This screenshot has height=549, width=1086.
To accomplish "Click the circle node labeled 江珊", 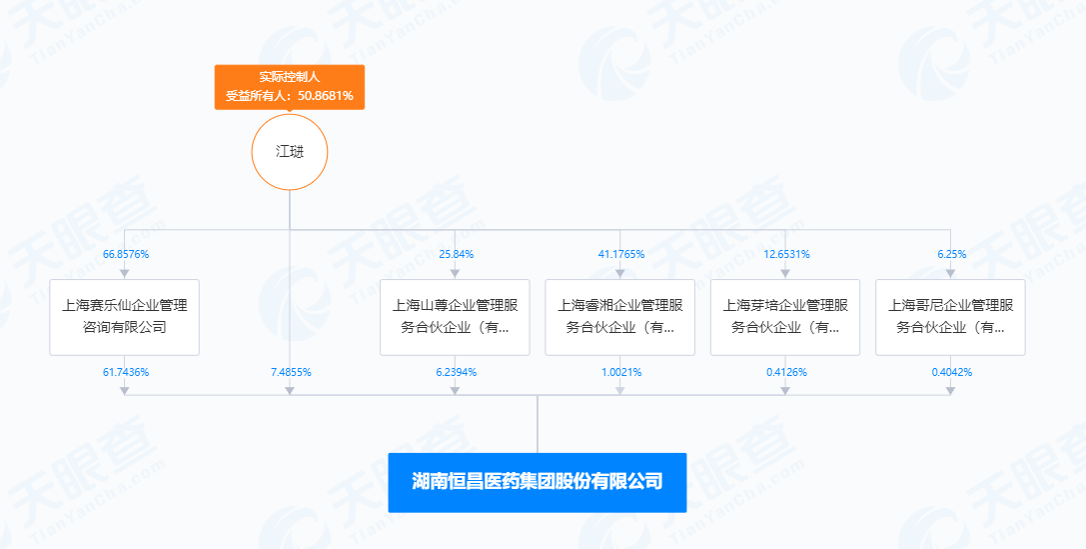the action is click(x=290, y=152).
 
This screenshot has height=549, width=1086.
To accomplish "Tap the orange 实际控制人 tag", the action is click(x=290, y=87).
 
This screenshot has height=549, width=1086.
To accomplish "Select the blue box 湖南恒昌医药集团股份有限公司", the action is click(x=538, y=482).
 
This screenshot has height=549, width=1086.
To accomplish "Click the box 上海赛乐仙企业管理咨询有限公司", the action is click(x=125, y=317).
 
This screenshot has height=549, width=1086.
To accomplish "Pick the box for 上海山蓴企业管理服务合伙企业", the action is click(x=455, y=317).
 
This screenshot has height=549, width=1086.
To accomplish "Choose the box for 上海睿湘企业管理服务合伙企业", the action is click(x=619, y=317).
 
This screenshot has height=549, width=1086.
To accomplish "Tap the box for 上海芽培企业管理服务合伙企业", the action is click(x=785, y=317).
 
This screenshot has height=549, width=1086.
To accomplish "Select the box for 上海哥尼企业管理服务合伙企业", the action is click(x=950, y=317).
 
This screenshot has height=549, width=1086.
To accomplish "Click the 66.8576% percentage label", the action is click(x=126, y=254).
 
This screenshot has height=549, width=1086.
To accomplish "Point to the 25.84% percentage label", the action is click(x=457, y=254).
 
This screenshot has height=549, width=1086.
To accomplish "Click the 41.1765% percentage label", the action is click(x=621, y=254).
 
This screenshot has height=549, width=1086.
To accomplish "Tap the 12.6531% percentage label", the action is click(x=787, y=254).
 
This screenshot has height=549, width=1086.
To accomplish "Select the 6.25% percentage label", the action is click(x=952, y=254).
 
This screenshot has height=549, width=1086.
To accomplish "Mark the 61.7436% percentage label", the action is click(x=126, y=372).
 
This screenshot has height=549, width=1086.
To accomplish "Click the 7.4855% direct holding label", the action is click(x=291, y=372).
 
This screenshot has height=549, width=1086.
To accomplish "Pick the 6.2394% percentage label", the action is click(x=457, y=372).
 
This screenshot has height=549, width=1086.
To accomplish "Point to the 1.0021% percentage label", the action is click(x=621, y=372).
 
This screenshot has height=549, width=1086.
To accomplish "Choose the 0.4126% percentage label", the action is click(x=787, y=372).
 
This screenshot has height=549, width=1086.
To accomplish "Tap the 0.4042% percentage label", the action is click(x=952, y=372).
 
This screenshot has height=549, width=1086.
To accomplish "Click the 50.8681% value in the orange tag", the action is click(x=326, y=96).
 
